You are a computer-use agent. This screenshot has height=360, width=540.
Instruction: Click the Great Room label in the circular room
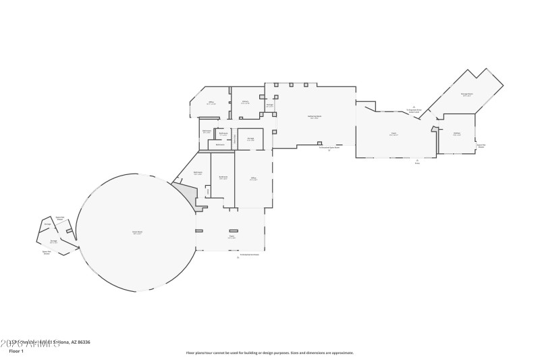click(137, 232)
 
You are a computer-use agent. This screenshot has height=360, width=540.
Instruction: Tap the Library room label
click(246, 103)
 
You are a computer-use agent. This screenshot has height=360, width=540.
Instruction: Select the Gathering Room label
click(315, 117)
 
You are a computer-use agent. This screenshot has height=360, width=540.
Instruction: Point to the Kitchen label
click(457, 134)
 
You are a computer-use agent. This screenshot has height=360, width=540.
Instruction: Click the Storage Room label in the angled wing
click(466, 95)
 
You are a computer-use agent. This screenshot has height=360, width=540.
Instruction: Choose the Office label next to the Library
click(211, 103)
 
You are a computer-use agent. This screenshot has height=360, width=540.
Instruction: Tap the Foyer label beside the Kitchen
click(394, 134)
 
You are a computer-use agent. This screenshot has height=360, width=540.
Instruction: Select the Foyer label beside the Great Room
click(232, 237)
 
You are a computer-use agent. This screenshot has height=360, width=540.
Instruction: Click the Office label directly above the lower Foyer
click(253, 179)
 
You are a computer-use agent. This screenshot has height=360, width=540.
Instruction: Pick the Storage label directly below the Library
click(250, 139)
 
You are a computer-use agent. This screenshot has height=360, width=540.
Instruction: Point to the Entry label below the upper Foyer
click(417, 162)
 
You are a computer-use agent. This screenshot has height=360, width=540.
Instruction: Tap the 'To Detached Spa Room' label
click(329, 148)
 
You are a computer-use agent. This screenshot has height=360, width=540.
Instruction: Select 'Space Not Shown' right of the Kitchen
click(481, 145)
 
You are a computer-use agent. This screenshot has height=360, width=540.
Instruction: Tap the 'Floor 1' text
click(16, 351)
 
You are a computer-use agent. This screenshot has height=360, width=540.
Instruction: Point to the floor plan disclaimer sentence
click(269, 353)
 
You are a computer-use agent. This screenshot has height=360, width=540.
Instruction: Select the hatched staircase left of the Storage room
click(235, 139)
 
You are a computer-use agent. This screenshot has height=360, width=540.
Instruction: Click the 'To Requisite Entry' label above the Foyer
click(414, 109)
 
